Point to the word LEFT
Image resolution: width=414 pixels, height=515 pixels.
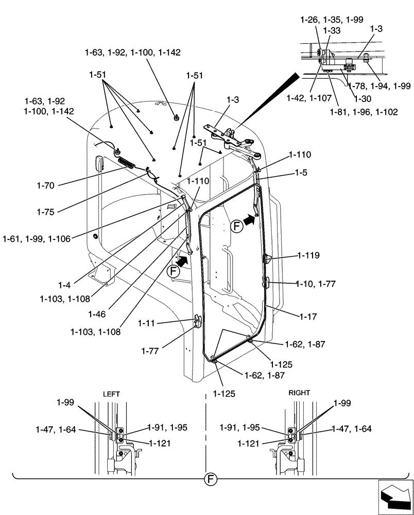point(111,393)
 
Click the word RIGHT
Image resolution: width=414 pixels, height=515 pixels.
point(299,392)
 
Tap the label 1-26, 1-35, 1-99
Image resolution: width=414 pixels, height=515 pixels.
point(332,20)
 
